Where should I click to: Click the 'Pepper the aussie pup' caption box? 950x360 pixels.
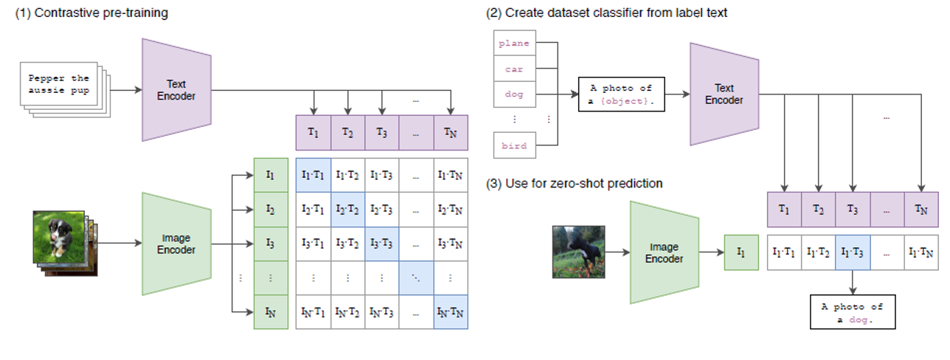click(58, 83)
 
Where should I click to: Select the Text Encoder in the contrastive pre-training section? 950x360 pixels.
click(178, 89)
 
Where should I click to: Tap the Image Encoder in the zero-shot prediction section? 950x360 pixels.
click(664, 252)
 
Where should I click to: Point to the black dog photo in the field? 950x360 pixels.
click(578, 252)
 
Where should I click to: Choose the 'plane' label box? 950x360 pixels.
click(514, 44)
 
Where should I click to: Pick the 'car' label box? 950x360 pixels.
click(514, 69)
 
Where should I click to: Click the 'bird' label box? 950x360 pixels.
click(514, 145)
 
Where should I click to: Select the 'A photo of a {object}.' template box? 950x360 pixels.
click(621, 94)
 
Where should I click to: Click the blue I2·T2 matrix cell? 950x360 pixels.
click(348, 210)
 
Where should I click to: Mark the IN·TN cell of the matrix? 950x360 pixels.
click(451, 312)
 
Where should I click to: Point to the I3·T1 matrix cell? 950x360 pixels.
click(313, 244)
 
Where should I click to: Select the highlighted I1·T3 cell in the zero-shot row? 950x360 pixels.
click(853, 252)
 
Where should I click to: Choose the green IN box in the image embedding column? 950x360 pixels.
click(271, 312)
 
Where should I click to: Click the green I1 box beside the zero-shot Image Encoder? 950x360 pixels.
click(741, 252)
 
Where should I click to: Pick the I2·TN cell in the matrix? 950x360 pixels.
click(451, 210)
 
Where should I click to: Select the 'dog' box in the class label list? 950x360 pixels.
click(514, 94)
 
